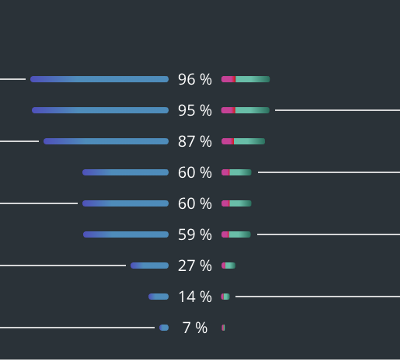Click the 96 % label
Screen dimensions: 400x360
coord(195,79)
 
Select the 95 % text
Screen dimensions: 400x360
coord(195,110)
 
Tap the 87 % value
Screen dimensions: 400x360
coord(195,141)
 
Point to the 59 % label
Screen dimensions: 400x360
coord(195,235)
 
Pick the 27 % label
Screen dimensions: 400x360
coord(195,266)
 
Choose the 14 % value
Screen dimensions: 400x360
coord(195,297)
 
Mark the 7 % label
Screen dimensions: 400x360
coord(195,328)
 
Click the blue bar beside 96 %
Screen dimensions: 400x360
coord(100,79)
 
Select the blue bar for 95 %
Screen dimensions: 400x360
coord(100,110)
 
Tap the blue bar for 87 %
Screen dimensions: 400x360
coord(106,141)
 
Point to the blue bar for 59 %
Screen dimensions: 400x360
coord(126,235)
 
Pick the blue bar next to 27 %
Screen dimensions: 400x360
coord(150,266)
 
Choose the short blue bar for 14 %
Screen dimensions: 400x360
coord(159,297)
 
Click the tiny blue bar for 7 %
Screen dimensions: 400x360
coord(164,328)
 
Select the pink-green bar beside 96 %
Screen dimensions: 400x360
coord(246,79)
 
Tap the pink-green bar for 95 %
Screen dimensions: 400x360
coord(245,110)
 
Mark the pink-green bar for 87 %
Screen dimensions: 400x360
coord(243,141)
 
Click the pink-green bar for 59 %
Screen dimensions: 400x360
coord(236,235)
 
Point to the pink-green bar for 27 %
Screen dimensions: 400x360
coord(228,266)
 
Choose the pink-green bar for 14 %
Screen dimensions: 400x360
coord(225,297)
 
